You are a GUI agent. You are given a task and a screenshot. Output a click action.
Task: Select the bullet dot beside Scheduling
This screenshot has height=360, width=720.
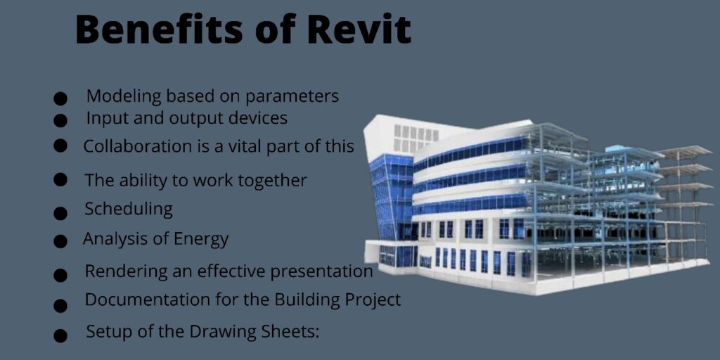tap(60, 212)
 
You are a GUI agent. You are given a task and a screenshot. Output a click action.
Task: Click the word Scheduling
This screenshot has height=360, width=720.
tap(129, 210)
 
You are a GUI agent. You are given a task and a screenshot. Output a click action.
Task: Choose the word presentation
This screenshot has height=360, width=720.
tap(321, 271)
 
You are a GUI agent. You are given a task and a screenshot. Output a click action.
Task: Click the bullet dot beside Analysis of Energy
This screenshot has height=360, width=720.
tap(60, 242)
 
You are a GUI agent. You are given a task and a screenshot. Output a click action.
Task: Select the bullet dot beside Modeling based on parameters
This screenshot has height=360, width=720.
tap(60, 98)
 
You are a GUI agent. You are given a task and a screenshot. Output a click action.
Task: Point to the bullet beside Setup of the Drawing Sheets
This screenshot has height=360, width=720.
tap(60, 335)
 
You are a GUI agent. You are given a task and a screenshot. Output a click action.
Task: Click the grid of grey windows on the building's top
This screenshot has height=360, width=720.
tap(416, 138)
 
